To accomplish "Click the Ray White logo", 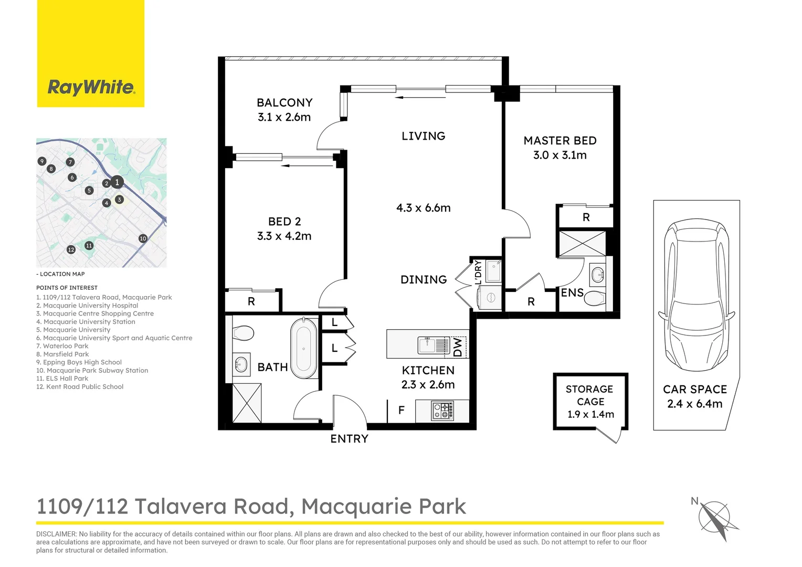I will (x=91, y=87).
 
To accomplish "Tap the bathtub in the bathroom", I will (x=303, y=348).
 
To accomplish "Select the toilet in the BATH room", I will (x=243, y=332).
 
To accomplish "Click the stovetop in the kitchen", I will (x=442, y=411).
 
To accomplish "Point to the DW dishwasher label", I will (x=458, y=347).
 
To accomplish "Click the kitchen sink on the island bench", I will (x=427, y=345).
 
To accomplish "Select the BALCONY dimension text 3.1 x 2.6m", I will (x=284, y=117).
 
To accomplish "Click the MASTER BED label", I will (x=560, y=141).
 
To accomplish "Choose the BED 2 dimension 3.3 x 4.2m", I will (x=284, y=236).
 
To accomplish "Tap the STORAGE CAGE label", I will (x=589, y=395).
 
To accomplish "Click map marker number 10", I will (x=143, y=238).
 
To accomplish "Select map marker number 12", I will (x=71, y=249).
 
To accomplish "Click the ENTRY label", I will (x=349, y=439).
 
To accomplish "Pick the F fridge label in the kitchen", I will (x=401, y=411).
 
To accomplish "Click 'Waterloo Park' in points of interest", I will (x=66, y=346).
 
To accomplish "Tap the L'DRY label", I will (x=478, y=273).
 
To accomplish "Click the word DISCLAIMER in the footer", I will (x=56, y=534).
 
